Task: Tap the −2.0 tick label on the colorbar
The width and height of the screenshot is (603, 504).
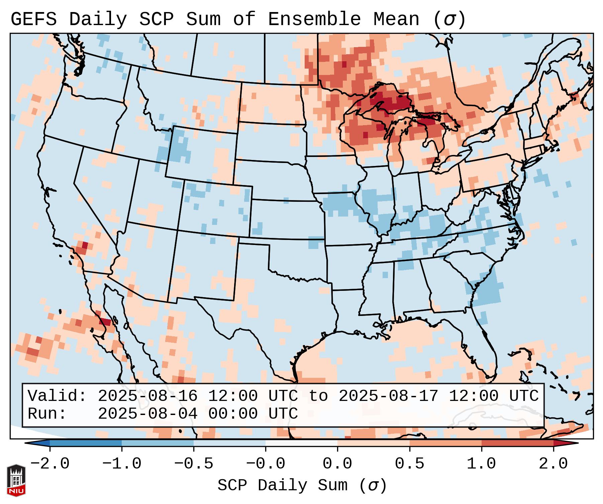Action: [50, 464]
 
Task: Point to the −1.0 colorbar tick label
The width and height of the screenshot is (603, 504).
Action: [122, 464]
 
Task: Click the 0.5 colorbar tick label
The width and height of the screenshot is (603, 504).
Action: [410, 464]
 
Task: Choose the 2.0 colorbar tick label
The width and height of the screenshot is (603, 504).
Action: [554, 464]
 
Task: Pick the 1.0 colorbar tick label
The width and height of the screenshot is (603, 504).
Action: [482, 464]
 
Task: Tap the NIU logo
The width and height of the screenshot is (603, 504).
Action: [16, 480]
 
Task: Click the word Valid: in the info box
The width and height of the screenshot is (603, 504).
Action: [57, 396]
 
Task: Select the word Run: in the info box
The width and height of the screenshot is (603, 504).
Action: [47, 414]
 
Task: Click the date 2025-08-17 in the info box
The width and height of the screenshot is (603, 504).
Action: [388, 396]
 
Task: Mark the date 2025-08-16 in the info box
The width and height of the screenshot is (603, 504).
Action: [147, 396]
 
